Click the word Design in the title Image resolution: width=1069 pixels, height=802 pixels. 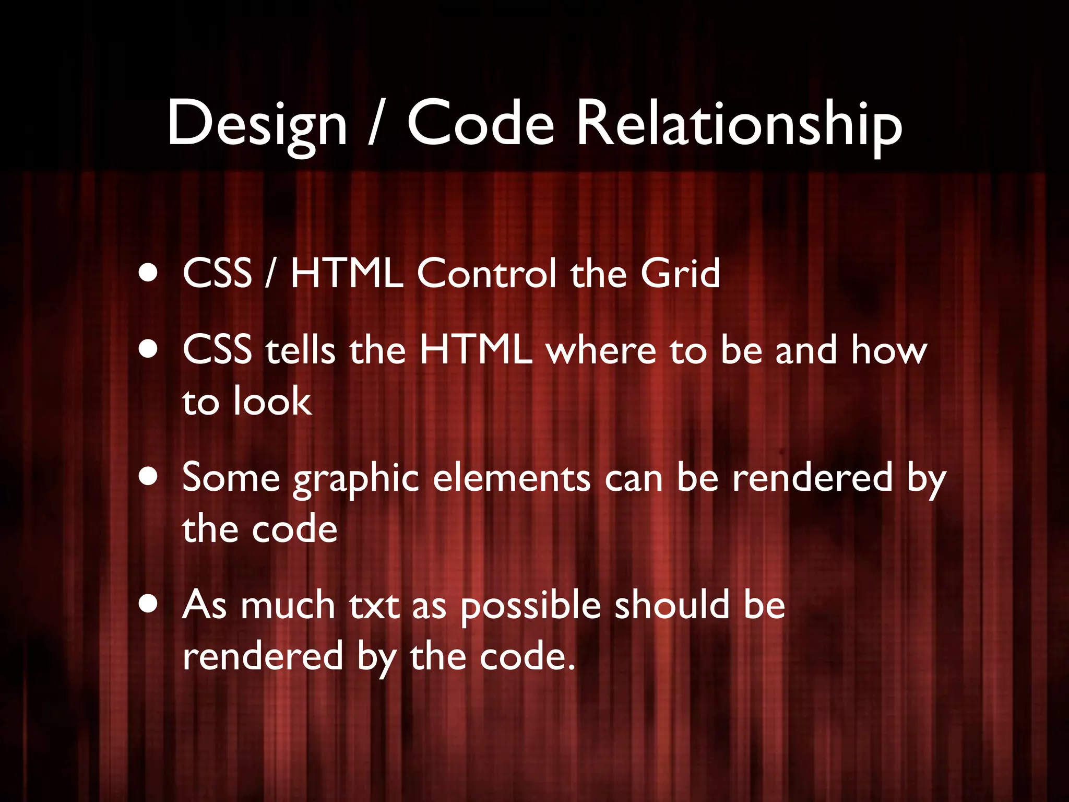tap(257, 124)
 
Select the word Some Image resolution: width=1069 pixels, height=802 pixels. tap(231, 477)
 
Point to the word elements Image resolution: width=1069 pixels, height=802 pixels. tap(512, 477)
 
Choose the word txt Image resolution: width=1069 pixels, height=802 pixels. tap(374, 606)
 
